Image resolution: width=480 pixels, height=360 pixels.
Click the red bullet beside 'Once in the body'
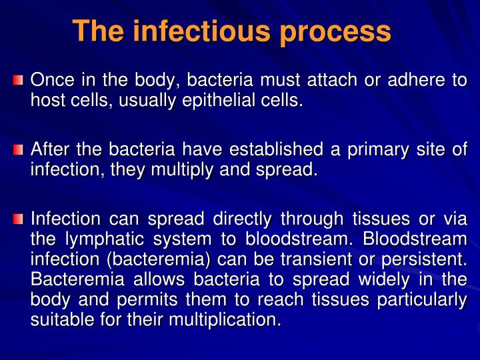point(19,81)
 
